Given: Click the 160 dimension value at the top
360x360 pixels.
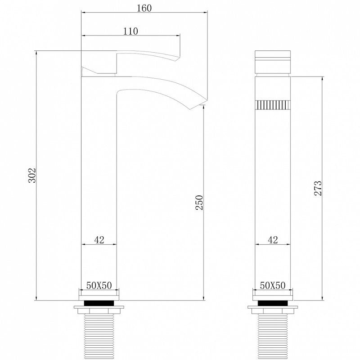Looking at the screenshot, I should [x=144, y=8].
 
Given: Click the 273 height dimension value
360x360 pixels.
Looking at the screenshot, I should [x=318, y=188].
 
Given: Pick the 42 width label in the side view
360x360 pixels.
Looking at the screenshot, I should [x=99, y=240].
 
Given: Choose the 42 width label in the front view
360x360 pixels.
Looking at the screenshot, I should [x=273, y=240].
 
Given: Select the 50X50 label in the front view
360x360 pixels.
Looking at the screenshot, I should [x=273, y=285].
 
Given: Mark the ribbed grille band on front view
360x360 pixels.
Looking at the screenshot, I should [x=273, y=104].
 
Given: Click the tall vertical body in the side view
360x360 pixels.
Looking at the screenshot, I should [x=99, y=180].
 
